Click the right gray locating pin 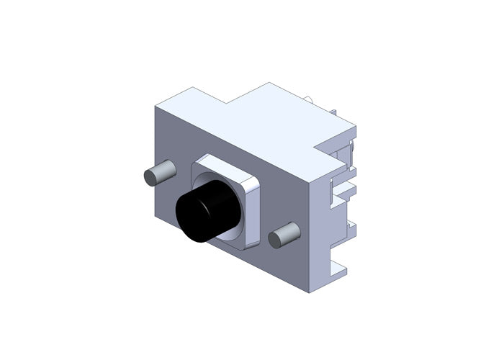(284, 235)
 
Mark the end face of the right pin (276, 238)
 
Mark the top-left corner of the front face (156, 107)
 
